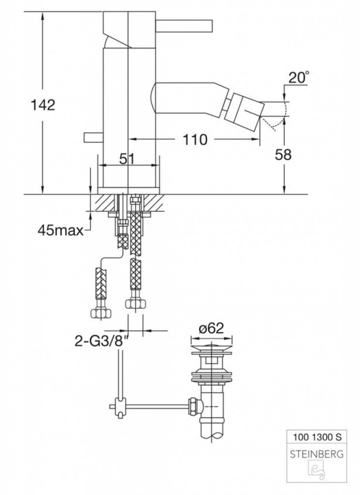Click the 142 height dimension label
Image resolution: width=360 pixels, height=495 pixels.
click(x=43, y=105)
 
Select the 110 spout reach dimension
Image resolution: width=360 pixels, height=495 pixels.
click(x=195, y=139)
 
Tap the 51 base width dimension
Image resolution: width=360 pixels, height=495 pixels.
click(x=127, y=159)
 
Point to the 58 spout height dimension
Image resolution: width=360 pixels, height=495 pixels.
click(x=283, y=155)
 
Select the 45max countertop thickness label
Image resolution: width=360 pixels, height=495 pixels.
click(x=60, y=231)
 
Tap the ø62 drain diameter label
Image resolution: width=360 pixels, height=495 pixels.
click(x=211, y=328)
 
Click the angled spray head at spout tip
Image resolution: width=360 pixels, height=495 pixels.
click(x=246, y=112)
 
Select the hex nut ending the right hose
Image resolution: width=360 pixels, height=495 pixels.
click(x=136, y=305)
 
